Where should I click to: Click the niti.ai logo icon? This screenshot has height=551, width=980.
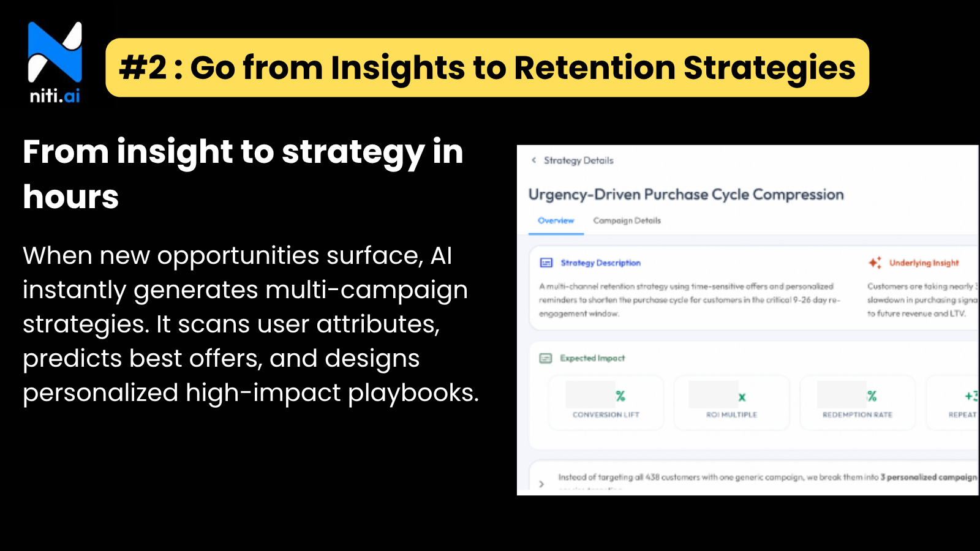pyautogui.click(x=55, y=53)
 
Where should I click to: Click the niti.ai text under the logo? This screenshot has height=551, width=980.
pyautogui.click(x=55, y=96)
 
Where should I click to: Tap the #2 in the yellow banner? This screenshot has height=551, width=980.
pyautogui.click(x=143, y=68)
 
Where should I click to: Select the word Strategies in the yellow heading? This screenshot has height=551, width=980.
pyautogui.click(x=769, y=68)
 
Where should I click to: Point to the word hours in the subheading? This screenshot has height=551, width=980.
pyautogui.click(x=71, y=197)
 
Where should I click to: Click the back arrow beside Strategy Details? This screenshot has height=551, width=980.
pyautogui.click(x=534, y=160)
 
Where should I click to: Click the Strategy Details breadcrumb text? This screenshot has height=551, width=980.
pyautogui.click(x=578, y=160)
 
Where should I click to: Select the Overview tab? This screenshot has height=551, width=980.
pyautogui.click(x=556, y=221)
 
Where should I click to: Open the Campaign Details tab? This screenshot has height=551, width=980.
pyautogui.click(x=627, y=221)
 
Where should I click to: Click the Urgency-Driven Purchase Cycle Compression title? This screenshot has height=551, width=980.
pyautogui.click(x=686, y=195)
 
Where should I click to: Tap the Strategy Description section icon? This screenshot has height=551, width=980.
pyautogui.click(x=546, y=263)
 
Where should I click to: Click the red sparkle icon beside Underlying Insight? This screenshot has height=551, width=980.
pyautogui.click(x=875, y=263)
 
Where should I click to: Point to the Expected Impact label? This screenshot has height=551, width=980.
pyautogui.click(x=592, y=358)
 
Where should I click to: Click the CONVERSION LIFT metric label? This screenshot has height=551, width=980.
pyautogui.click(x=606, y=415)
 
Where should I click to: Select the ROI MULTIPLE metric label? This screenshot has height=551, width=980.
pyautogui.click(x=731, y=415)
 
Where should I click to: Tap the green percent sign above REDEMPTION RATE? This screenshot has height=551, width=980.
pyautogui.click(x=872, y=396)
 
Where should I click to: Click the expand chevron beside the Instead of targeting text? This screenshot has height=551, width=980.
pyautogui.click(x=541, y=484)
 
